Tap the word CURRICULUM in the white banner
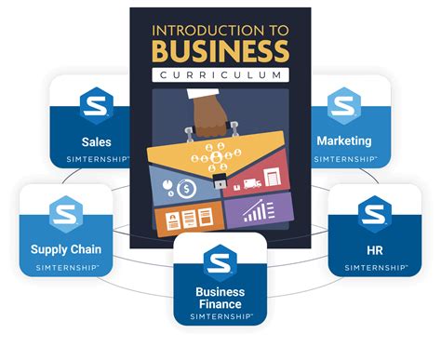(220, 74)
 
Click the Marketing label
(343, 141)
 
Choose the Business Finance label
(220, 299)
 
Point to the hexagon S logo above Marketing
(344, 105)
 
